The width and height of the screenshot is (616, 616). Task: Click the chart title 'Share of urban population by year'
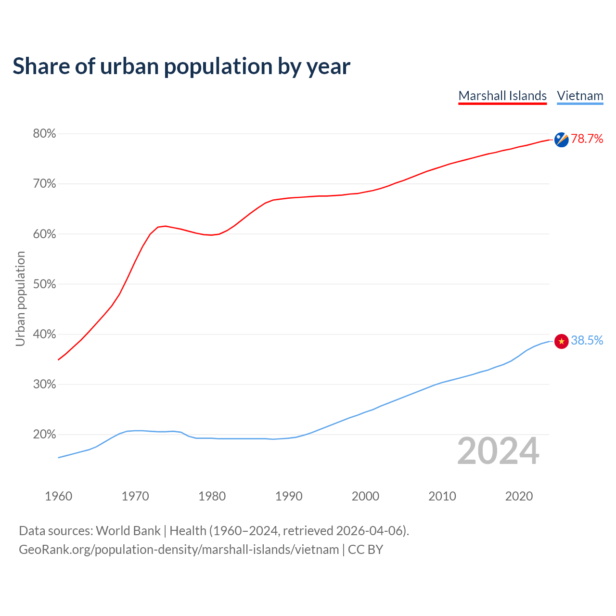[x=181, y=66]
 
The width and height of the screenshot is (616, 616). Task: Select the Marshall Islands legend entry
[x=502, y=96]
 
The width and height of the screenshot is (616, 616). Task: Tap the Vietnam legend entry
[x=580, y=96]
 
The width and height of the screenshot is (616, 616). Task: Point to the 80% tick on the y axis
[x=44, y=134]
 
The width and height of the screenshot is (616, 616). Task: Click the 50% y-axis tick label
[x=44, y=284]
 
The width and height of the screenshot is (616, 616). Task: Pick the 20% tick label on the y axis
[x=44, y=435]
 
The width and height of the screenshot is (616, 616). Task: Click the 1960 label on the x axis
[x=58, y=496]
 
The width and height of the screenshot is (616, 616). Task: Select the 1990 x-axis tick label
[x=289, y=496]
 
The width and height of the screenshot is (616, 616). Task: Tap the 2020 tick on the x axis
[x=519, y=496]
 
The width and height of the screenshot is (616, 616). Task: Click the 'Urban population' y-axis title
[x=20, y=298]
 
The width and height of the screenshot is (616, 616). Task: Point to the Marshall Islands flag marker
[x=561, y=140]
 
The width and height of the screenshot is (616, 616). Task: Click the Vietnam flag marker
[x=561, y=341]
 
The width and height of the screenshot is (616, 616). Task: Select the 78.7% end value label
[x=587, y=139]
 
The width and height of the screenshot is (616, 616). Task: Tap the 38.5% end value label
[x=587, y=341]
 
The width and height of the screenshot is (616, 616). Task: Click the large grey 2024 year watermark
[x=498, y=451]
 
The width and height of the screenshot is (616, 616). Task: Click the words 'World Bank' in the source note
[x=128, y=531]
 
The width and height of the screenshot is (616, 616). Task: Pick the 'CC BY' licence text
[x=365, y=550]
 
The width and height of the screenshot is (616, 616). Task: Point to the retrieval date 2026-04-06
[x=369, y=531]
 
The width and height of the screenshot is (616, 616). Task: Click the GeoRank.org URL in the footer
[x=179, y=550]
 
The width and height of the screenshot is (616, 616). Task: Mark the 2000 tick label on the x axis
[x=365, y=496]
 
